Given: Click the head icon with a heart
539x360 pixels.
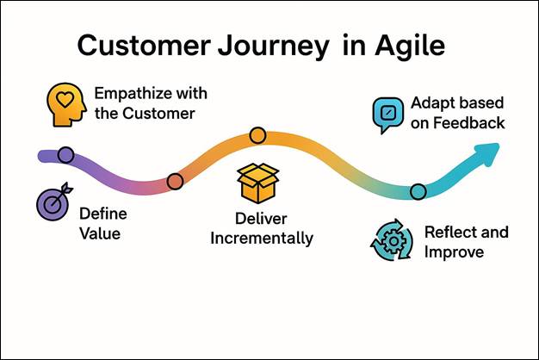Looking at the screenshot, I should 66,102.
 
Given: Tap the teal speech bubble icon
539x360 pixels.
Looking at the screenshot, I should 387,115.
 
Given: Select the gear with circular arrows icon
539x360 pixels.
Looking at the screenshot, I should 391,242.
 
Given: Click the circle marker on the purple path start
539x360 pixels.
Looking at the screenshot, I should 65,155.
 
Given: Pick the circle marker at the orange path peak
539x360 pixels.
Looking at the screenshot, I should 257,134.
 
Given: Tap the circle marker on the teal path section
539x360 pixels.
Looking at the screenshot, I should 418,191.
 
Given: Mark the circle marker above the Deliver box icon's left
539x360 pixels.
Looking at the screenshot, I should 175,181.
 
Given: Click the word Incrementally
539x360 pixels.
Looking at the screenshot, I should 263,238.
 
